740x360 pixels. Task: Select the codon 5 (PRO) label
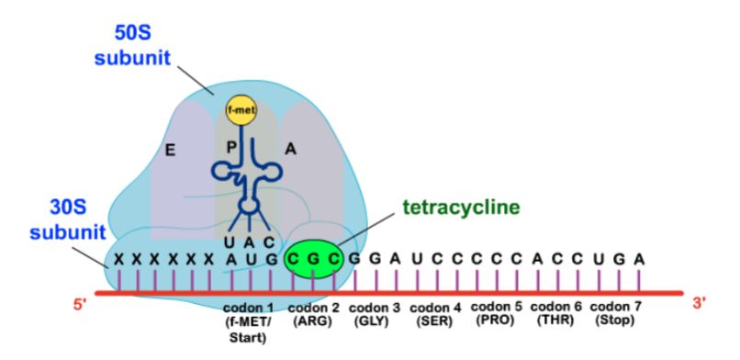496,313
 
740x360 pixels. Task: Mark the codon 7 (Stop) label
616,313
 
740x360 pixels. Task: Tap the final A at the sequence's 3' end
638,259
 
